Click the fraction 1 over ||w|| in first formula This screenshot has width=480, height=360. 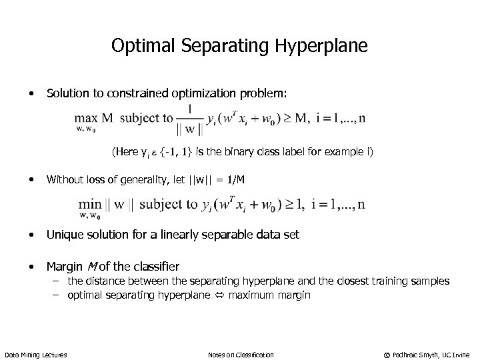click(x=191, y=117)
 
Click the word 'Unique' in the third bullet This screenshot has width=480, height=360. click(x=64, y=235)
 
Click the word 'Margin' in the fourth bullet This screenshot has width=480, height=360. click(x=64, y=267)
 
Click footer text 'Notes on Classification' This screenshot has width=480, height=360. click(x=241, y=353)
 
